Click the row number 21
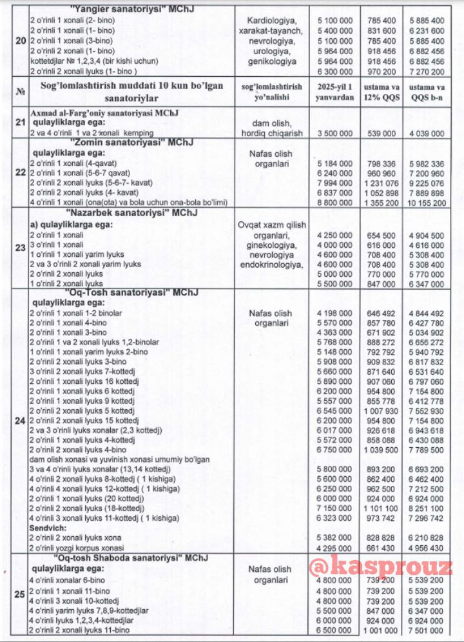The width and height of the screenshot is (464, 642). point(20,123)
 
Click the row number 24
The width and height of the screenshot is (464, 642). point(20,421)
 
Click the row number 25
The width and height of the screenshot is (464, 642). point(20,594)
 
